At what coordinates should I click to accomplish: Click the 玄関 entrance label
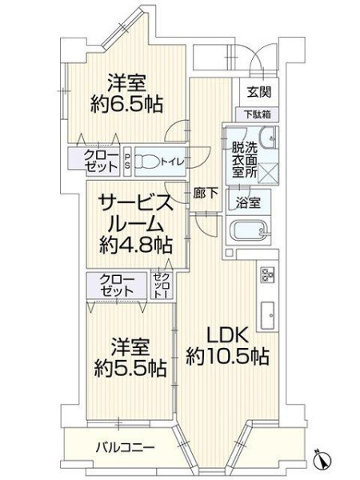tap(259, 91)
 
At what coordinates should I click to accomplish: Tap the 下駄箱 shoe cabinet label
tap(257, 114)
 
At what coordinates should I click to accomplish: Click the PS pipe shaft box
tap(127, 162)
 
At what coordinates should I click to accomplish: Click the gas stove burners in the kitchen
tap(268, 274)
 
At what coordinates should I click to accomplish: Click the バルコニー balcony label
tap(126, 449)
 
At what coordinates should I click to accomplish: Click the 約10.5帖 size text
tap(228, 357)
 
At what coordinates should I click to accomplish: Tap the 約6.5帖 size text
tap(126, 105)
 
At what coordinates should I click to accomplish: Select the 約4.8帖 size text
tap(135, 245)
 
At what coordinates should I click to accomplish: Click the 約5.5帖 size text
tap(130, 368)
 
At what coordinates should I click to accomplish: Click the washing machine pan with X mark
tap(269, 173)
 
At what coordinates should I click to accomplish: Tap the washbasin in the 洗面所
tap(269, 137)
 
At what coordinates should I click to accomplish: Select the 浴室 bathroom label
tap(248, 202)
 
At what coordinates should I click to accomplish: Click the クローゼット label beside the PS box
tap(102, 162)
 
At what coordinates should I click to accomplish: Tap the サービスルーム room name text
tap(134, 214)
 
